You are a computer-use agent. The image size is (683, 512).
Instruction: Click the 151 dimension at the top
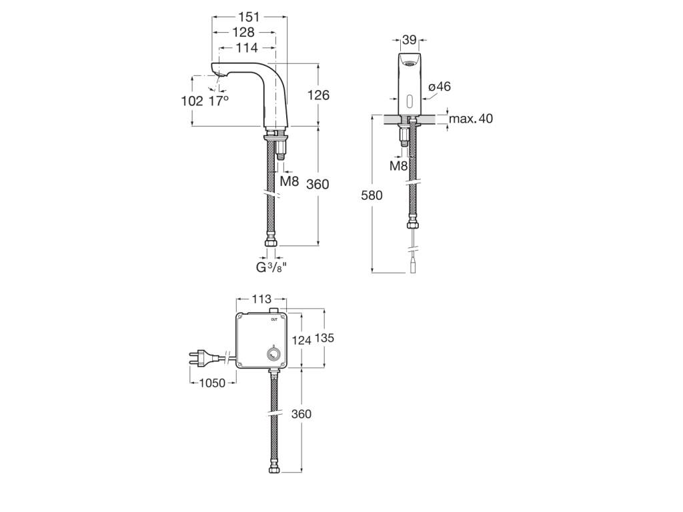tap(249, 17)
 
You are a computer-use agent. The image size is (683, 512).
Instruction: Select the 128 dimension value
tap(243, 33)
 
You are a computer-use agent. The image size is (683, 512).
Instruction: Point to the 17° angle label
tap(219, 101)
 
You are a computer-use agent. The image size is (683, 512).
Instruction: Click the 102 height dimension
tap(192, 101)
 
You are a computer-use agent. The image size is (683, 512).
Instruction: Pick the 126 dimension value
tap(318, 95)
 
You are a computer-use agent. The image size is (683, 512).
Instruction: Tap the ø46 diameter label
tap(440, 87)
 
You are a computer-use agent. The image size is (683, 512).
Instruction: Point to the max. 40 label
tap(470, 119)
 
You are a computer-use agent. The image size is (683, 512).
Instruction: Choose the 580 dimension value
tap(372, 195)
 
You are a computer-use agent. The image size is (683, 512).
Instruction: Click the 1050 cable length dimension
tap(213, 383)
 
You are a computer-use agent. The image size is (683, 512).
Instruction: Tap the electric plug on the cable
tap(203, 358)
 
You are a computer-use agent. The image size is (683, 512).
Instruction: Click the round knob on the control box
tap(273, 355)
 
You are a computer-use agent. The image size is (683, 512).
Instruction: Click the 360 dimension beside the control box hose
tap(301, 414)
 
